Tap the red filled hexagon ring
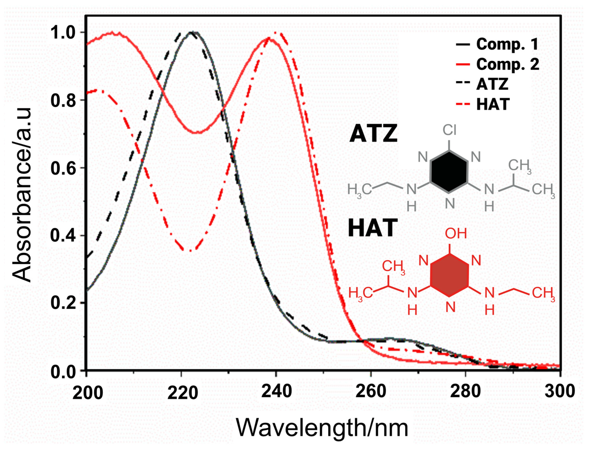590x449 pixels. [449, 275]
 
